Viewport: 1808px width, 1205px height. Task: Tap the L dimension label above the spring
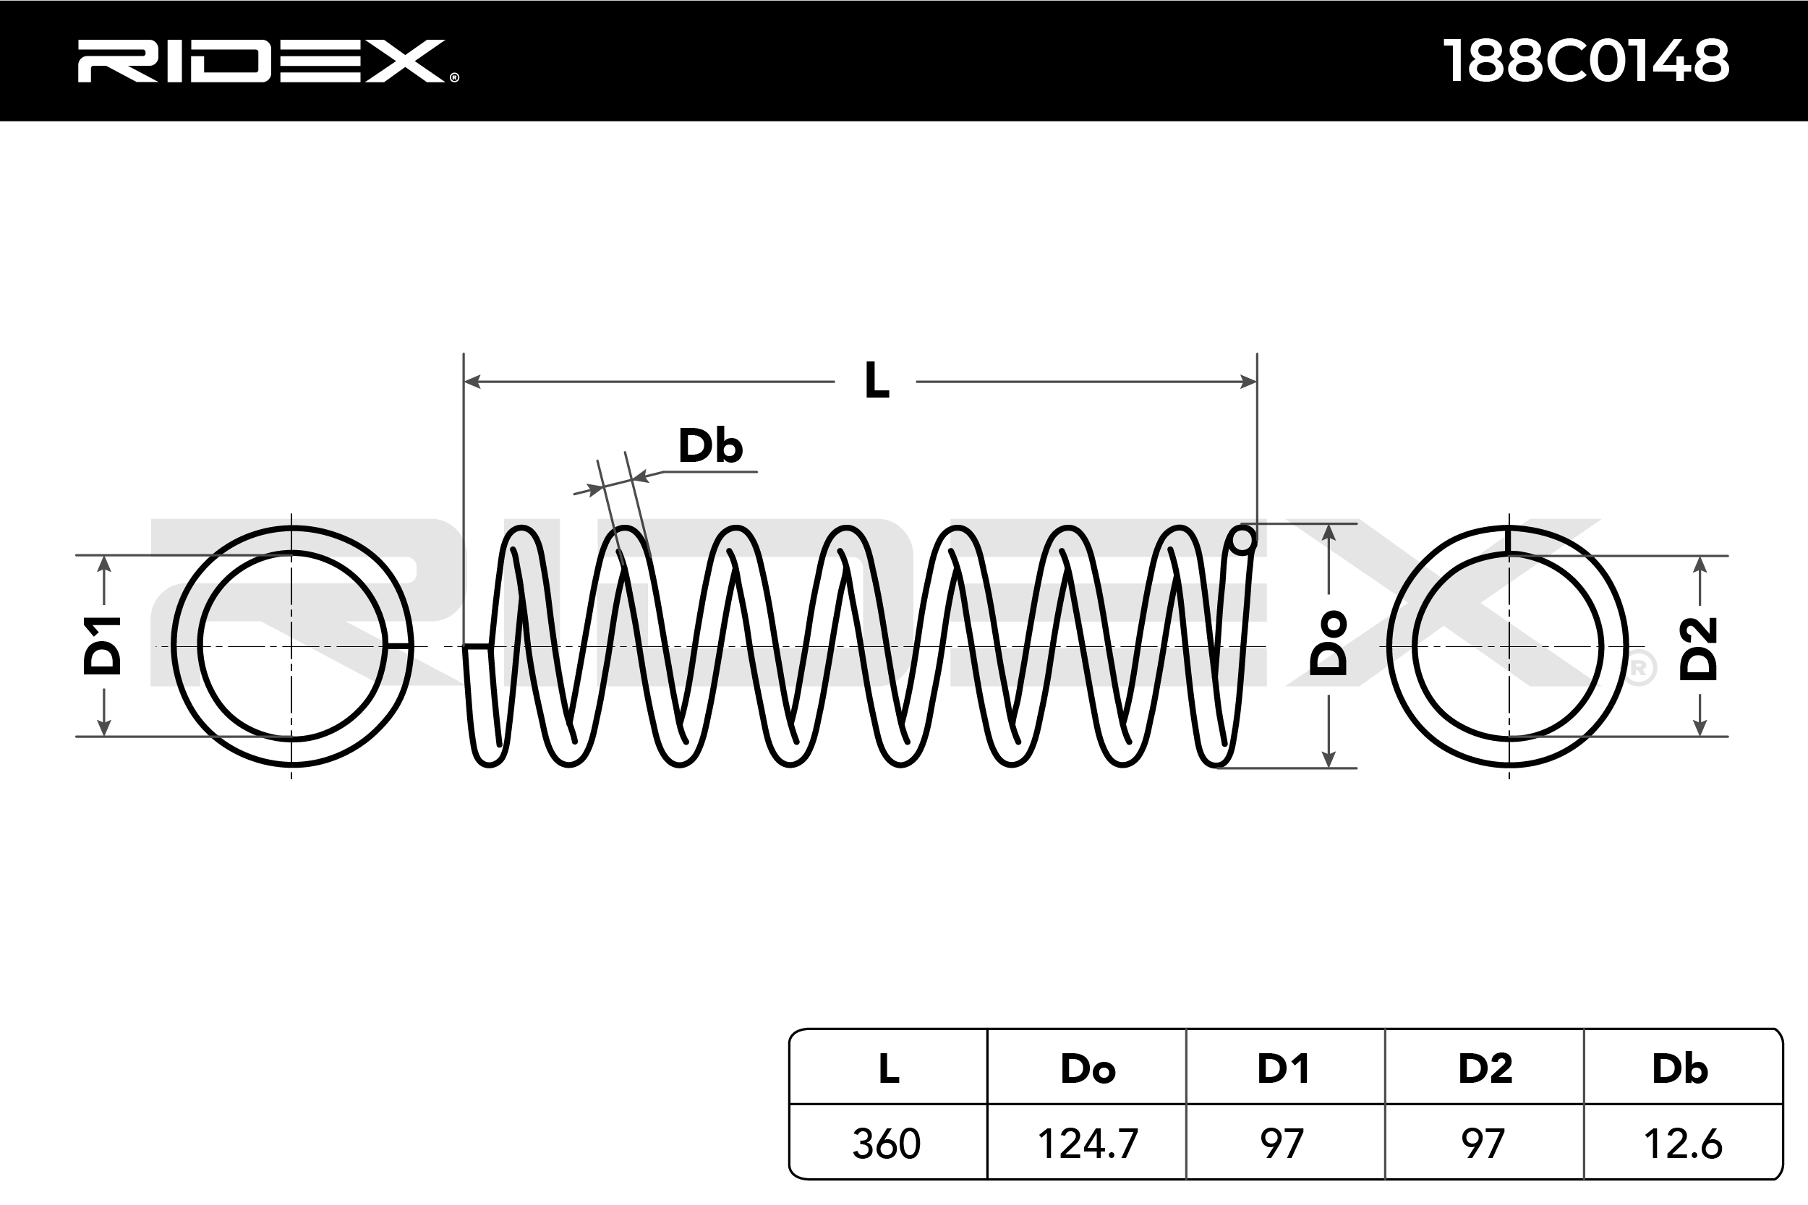click(877, 380)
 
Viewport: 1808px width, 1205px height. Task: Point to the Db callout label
click(709, 446)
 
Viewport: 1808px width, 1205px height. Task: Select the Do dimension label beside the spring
click(1329, 644)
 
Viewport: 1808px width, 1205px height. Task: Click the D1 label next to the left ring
click(103, 646)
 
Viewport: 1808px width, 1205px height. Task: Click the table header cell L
click(889, 1069)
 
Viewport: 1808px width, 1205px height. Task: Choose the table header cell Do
click(1087, 1069)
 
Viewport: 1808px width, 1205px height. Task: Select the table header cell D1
click(1283, 1069)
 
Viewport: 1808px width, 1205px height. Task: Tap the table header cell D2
click(1485, 1069)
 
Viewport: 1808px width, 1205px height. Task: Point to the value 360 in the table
click(887, 1144)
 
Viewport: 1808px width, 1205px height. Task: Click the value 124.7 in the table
click(1087, 1144)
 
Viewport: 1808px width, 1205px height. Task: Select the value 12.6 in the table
click(1682, 1144)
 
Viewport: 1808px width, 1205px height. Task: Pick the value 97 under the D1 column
click(1282, 1144)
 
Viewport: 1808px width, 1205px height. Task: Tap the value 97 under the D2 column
click(1483, 1144)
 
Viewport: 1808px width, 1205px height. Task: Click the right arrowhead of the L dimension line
click(1248, 381)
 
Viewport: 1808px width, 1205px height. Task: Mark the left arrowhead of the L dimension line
click(472, 381)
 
